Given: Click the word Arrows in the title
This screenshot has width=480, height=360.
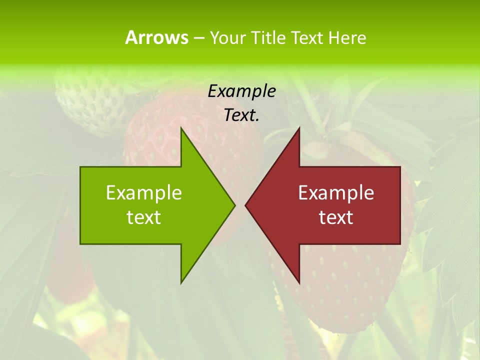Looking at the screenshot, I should pyautogui.click(x=156, y=37).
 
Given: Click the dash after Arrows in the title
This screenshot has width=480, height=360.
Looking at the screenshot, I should pyautogui.click(x=198, y=38).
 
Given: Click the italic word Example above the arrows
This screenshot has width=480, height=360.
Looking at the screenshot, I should pyautogui.click(x=241, y=91).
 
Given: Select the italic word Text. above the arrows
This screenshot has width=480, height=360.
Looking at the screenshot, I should pyautogui.click(x=241, y=115).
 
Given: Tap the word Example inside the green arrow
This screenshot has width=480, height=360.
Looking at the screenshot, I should pyautogui.click(x=144, y=192).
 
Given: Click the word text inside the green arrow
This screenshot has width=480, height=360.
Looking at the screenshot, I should pyautogui.click(x=144, y=217).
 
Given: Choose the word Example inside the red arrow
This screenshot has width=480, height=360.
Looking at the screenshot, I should pyautogui.click(x=336, y=192).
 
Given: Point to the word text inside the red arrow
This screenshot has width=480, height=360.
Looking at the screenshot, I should pyautogui.click(x=336, y=217).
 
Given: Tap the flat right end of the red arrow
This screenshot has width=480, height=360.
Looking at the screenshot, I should pyautogui.click(x=399, y=205).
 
